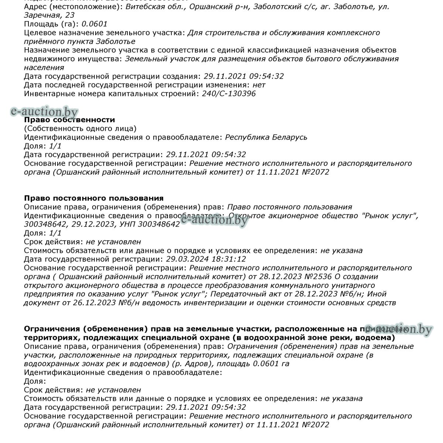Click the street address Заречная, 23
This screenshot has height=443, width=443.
click(49, 15)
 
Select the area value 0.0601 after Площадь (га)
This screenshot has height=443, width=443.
click(94, 24)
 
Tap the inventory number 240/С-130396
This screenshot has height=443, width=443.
click(229, 93)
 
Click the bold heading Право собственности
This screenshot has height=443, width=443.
click(69, 120)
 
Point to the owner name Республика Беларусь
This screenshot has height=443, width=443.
click(266, 137)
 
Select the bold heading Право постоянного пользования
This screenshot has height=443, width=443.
click(94, 198)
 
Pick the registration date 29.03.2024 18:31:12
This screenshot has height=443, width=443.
click(206, 259)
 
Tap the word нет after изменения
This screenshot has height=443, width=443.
click(259, 85)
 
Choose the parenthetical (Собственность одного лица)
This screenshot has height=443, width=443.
click(80, 128)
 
